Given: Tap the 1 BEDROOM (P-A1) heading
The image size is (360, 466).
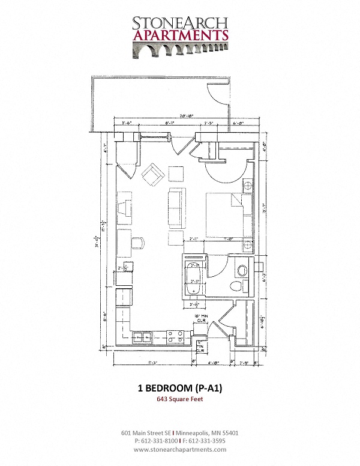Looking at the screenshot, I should (x=180, y=389).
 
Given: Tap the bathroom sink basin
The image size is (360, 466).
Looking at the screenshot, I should (x=242, y=269).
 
